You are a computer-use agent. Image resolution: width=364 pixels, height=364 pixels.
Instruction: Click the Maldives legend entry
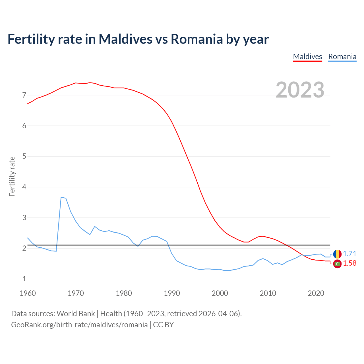[x=307, y=57]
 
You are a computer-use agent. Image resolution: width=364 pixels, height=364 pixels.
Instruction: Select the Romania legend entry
[x=342, y=57]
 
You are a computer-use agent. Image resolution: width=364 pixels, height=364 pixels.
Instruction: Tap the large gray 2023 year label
[x=300, y=90]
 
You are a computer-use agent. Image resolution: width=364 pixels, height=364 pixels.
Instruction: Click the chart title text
[x=138, y=39]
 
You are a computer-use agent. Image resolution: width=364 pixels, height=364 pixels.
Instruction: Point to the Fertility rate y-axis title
[x=12, y=176]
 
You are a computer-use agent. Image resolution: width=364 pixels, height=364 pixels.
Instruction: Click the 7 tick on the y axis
[x=24, y=95]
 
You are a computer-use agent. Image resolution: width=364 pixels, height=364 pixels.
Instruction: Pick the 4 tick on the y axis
[x=24, y=187]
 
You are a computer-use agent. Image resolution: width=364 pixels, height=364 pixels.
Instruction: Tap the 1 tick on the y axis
[x=24, y=279]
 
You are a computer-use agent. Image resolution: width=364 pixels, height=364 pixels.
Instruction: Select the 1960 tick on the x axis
[x=28, y=293]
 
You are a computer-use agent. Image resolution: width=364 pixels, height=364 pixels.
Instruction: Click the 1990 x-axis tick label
[x=172, y=293]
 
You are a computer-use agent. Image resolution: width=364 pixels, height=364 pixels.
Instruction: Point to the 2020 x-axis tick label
[x=316, y=293]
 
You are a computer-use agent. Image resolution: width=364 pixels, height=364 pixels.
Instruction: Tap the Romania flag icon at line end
[x=337, y=254]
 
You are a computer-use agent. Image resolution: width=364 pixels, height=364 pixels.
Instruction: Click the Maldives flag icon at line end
[x=337, y=264]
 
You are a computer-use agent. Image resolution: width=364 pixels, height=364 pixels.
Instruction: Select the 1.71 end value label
[x=349, y=254]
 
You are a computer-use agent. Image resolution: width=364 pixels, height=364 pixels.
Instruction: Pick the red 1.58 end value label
[x=349, y=263]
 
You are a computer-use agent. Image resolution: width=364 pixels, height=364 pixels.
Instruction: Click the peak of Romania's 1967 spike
[x=61, y=197]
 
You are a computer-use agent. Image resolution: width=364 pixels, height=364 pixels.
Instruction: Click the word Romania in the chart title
[x=197, y=39]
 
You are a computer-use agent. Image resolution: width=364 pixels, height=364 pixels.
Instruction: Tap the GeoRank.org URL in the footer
[x=79, y=325]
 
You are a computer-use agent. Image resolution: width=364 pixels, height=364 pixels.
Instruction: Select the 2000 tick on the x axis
[x=220, y=293]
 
